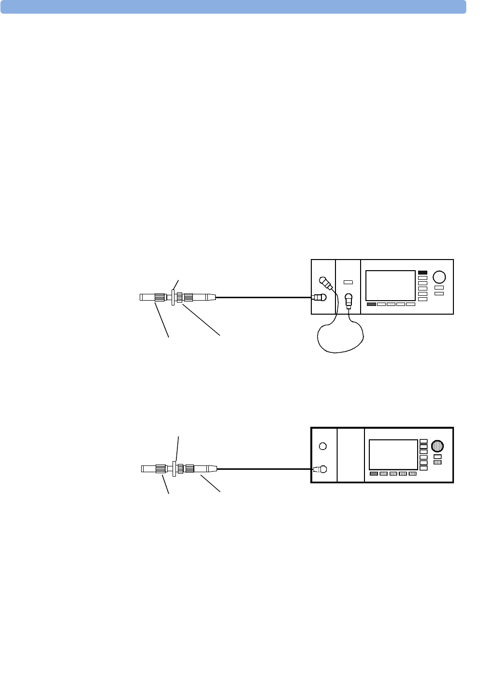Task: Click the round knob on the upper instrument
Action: tap(439, 277)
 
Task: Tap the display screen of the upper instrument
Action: tap(391, 286)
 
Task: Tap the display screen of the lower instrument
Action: tap(393, 455)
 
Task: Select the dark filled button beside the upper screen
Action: tap(422, 273)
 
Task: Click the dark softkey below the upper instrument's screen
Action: tap(371, 304)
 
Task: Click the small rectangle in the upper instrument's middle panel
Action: tap(348, 282)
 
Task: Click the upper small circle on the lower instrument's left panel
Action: tap(323, 446)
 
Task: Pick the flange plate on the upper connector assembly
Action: tap(173, 297)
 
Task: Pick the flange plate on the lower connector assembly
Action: tap(174, 468)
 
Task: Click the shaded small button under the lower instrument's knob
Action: tap(437, 463)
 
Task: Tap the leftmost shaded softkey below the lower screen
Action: tap(374, 474)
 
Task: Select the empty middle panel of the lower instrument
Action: tap(350, 455)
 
